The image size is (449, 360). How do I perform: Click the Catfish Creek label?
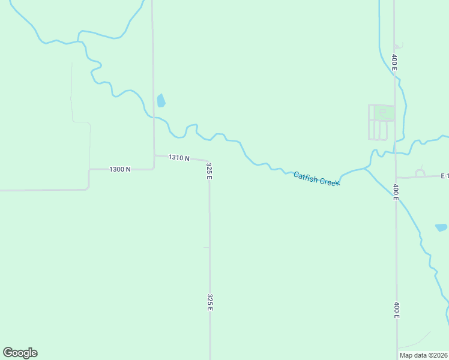pyautogui.click(x=316, y=179)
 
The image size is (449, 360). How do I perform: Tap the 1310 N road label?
pyautogui.click(x=179, y=158)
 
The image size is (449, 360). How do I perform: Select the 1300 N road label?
pyautogui.click(x=120, y=169)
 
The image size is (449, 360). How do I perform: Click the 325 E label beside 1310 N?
pyautogui.click(x=209, y=170)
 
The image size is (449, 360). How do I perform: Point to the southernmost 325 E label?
pyautogui.click(x=209, y=302)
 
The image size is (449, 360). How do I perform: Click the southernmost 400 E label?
pyautogui.click(x=396, y=310)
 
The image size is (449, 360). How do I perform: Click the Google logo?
pyautogui.click(x=20, y=352)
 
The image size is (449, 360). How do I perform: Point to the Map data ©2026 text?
pyautogui.click(x=423, y=355)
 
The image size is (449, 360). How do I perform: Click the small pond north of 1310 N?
pyautogui.click(x=161, y=100)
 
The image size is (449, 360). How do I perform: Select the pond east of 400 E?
pyautogui.click(x=441, y=227)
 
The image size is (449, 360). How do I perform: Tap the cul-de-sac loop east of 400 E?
pyautogui.click(x=420, y=173)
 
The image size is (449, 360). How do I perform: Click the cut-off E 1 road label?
pyautogui.click(x=444, y=176)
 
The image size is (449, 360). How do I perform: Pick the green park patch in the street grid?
pyautogui.click(x=385, y=112)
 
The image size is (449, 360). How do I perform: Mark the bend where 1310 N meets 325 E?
pyautogui.click(x=207, y=161)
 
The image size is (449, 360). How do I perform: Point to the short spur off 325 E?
pyautogui.click(x=206, y=247)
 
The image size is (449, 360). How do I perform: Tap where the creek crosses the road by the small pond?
pyautogui.click(x=154, y=117)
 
